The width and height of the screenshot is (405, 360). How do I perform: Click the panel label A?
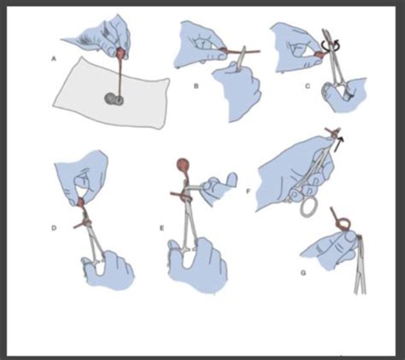(x=53, y=59)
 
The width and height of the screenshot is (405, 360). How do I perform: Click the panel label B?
(x=196, y=86)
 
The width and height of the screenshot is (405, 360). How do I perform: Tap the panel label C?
(x=308, y=86)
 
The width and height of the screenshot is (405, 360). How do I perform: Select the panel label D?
(x=53, y=227)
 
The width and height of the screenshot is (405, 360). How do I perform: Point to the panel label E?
(x=162, y=227)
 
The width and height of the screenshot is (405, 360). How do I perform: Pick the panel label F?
(x=248, y=192)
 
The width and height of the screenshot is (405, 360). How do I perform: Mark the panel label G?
(x=303, y=273)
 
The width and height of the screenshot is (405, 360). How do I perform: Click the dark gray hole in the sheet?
(x=114, y=99)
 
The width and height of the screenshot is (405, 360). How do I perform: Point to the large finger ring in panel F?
(x=308, y=206)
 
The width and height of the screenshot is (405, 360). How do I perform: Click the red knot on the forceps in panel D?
(x=85, y=221)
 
